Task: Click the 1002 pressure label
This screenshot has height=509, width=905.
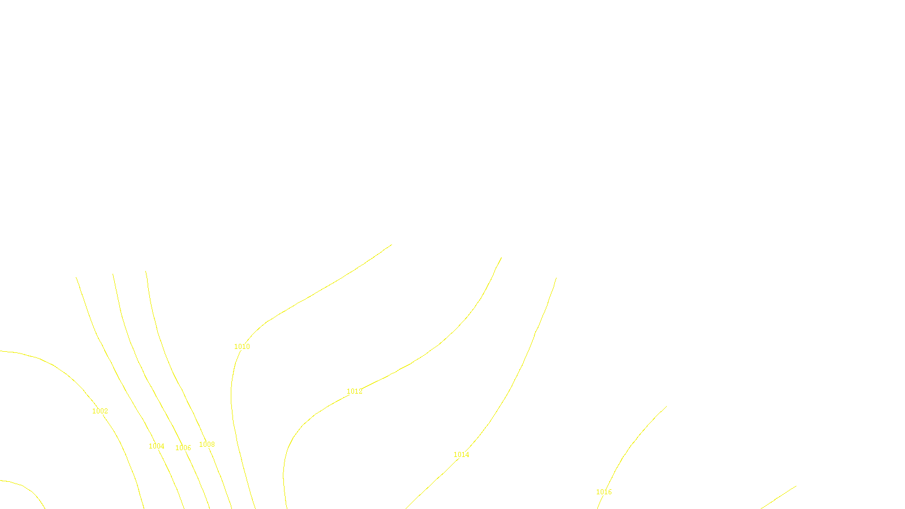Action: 100,411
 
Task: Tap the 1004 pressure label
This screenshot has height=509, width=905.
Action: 157,446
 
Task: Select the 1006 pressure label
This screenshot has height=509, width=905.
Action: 183,448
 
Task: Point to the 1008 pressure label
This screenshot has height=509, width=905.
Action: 207,445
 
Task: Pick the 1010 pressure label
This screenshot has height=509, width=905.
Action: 242,347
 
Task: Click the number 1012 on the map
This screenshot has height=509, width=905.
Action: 355,391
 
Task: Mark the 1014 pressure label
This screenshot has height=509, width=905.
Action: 462,455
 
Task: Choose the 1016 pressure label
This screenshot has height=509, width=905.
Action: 604,492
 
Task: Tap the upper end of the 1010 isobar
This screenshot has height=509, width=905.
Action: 391,245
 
